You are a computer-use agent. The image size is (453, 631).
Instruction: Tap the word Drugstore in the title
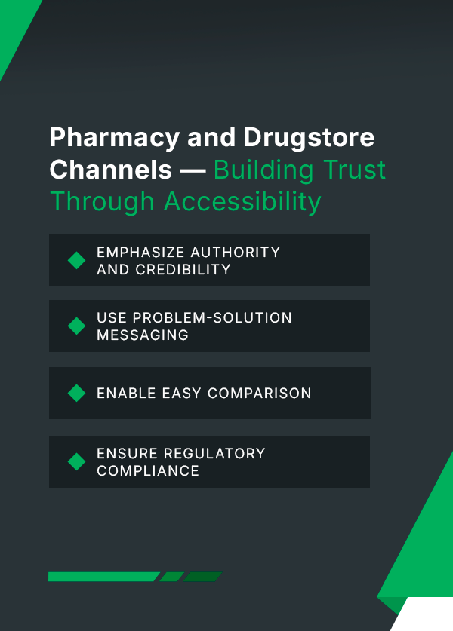(309, 137)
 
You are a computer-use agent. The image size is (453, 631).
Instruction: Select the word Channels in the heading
(111, 170)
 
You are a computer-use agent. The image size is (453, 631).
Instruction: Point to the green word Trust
(354, 170)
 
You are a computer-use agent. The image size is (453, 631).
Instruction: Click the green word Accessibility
(242, 201)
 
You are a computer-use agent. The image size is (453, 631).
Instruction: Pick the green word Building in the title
(263, 170)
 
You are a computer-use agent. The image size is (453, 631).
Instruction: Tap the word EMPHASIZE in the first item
(140, 253)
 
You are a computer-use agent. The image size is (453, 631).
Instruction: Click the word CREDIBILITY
(183, 270)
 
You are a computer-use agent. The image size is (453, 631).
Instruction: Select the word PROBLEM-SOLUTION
(212, 318)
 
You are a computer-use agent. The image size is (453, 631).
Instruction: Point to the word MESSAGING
(143, 335)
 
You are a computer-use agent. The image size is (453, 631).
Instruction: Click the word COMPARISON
(260, 394)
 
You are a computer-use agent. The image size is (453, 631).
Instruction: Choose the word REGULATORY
(214, 454)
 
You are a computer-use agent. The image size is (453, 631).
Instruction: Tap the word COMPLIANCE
(148, 471)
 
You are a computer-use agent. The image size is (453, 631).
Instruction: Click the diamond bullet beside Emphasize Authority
(76, 260)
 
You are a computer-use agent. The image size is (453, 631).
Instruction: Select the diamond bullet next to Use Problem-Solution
(76, 326)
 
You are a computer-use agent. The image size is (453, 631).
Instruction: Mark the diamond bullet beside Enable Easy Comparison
(76, 394)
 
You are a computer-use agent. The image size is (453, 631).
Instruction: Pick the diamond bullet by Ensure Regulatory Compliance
(76, 461)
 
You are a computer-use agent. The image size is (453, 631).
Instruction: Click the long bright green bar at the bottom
(104, 577)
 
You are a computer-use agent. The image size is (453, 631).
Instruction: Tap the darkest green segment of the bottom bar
(203, 577)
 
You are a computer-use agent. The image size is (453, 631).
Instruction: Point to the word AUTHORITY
(236, 253)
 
